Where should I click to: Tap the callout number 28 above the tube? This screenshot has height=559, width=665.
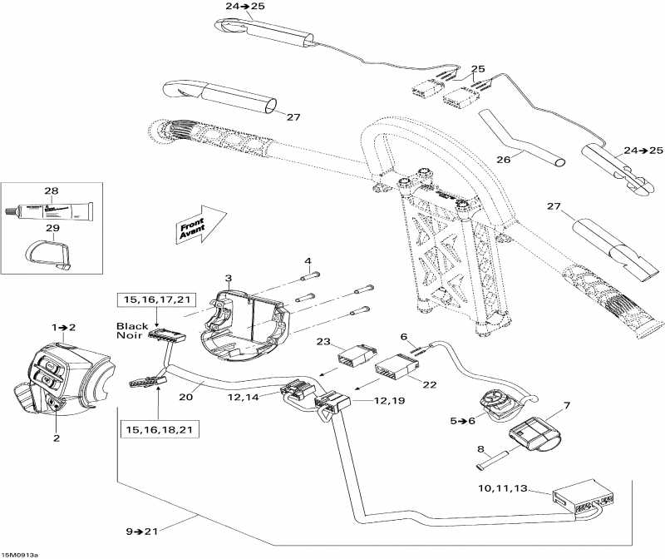click(x=52, y=191)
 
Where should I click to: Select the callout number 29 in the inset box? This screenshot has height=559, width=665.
click(x=52, y=228)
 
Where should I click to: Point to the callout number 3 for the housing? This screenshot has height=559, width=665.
click(x=228, y=278)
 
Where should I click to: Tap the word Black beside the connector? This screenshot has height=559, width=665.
click(x=132, y=327)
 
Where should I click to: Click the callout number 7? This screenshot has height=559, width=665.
click(x=567, y=405)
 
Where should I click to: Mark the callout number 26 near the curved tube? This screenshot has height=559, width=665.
click(x=503, y=159)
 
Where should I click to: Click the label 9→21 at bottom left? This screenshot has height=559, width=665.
click(x=143, y=530)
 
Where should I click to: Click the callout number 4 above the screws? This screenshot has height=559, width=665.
click(x=308, y=261)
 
